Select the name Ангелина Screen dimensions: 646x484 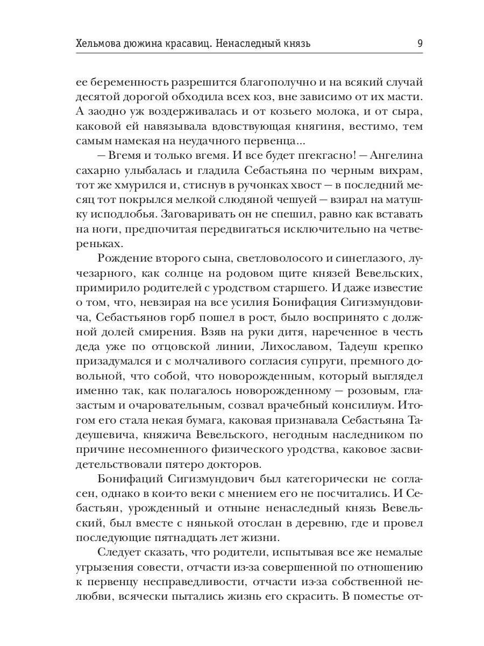(395, 156)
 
